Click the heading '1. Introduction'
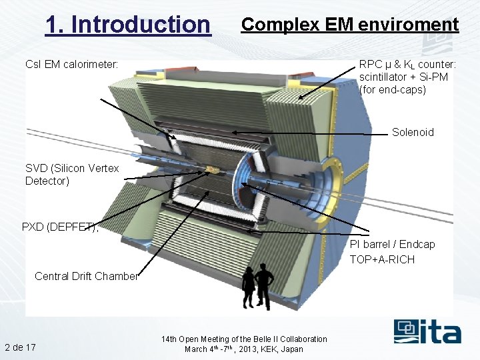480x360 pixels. point(127,25)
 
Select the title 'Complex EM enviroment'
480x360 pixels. point(350,25)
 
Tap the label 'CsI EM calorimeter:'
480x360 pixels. point(71,65)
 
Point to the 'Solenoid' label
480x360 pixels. point(413,132)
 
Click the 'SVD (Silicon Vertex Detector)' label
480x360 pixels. point(72,175)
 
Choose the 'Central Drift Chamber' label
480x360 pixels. point(87,276)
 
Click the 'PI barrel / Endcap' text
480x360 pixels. point(392,244)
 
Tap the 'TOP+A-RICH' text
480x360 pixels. point(382,259)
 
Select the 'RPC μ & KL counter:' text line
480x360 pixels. point(407,65)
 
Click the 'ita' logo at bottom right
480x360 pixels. point(427,331)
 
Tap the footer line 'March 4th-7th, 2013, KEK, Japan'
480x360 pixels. point(244,349)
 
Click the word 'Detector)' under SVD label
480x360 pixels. point(47,181)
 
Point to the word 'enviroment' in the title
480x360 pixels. point(408,25)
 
